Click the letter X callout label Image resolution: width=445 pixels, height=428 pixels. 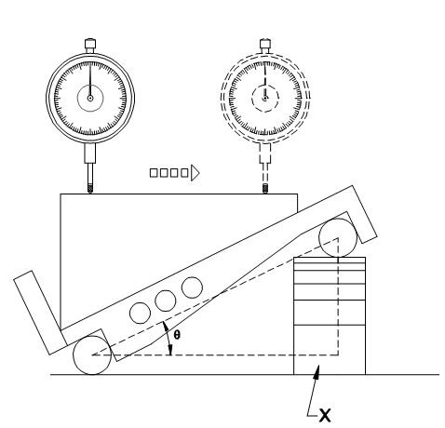point(325,415)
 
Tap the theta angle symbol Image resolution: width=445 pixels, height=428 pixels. point(177,335)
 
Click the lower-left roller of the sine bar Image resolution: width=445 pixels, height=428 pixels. point(92,355)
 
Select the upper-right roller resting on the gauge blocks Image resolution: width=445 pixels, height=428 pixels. point(338,238)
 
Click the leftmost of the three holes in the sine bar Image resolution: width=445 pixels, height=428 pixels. point(140,313)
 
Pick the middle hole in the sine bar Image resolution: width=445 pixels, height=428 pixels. point(166,301)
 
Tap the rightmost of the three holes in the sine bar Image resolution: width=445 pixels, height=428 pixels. point(192,288)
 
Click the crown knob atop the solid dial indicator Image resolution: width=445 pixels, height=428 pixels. point(90,46)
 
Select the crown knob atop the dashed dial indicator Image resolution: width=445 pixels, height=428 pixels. point(265,46)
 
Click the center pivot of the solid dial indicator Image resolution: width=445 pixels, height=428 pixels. point(90,99)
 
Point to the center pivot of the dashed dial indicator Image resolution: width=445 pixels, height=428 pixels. point(265,99)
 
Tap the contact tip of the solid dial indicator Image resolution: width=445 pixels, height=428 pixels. point(90,189)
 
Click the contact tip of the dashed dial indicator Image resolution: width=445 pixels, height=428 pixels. point(265,189)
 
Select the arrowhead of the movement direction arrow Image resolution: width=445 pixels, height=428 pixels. point(195,173)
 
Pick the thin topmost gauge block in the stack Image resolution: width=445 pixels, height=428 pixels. point(330,260)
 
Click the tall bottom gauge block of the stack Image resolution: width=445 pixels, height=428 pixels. point(330,350)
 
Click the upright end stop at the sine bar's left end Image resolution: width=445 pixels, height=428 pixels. point(40,313)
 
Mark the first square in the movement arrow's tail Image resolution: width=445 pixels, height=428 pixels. point(154,173)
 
